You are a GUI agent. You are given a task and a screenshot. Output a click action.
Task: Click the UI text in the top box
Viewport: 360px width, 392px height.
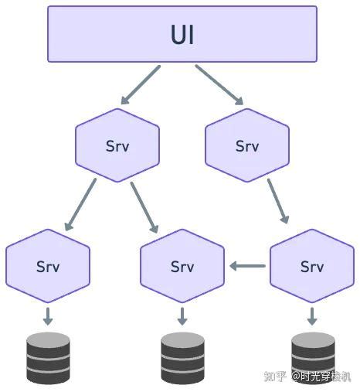click(182, 35)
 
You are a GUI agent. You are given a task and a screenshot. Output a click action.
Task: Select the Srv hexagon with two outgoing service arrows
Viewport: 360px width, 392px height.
click(117, 145)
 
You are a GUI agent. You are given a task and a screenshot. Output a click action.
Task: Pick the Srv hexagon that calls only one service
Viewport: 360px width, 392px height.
click(247, 145)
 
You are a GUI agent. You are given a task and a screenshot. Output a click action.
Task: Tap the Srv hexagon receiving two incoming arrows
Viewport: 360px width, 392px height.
click(182, 266)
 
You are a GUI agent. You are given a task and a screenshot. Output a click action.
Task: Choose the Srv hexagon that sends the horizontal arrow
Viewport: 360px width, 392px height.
click(312, 266)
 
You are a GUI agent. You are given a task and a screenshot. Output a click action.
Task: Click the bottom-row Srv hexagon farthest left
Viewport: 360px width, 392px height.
click(48, 266)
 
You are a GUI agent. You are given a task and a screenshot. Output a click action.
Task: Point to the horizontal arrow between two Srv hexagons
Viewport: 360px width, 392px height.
click(247, 266)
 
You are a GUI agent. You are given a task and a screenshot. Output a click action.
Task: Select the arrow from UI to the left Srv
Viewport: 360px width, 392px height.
click(141, 85)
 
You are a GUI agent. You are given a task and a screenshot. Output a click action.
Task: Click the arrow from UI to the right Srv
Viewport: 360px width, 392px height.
click(219, 85)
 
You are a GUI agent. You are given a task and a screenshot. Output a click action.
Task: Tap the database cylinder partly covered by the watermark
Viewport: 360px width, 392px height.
click(313, 358)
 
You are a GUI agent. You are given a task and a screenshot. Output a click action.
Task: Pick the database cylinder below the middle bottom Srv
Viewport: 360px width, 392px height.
click(182, 358)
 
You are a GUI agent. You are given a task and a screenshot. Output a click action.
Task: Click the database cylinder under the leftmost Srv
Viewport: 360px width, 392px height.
click(48, 358)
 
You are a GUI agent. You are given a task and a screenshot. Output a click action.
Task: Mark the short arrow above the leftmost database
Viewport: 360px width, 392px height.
click(48, 316)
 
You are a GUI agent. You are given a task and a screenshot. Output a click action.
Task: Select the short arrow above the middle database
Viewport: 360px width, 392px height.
click(182, 316)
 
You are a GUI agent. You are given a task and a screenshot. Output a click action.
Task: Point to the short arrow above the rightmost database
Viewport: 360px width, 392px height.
click(312, 316)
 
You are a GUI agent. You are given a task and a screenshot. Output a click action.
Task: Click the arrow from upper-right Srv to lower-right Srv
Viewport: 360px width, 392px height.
click(278, 201)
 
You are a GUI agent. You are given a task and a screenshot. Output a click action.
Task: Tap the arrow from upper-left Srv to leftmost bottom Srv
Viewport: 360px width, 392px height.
click(80, 204)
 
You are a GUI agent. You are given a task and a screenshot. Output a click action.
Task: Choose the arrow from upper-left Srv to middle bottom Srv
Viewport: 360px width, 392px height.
click(144, 207)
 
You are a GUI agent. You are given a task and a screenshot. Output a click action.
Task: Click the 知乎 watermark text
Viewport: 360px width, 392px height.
click(275, 377)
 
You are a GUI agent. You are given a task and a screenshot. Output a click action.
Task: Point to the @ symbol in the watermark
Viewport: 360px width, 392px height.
click(296, 377)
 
